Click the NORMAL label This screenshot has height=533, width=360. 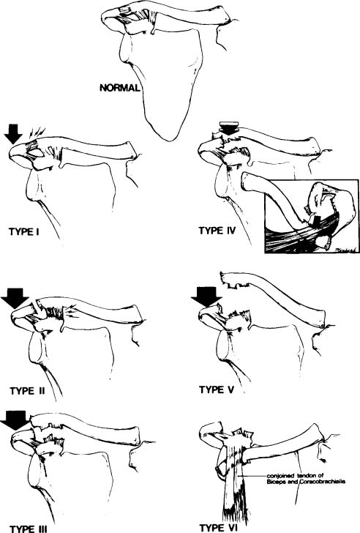[x=119, y=88]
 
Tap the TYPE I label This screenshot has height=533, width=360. [x=23, y=232]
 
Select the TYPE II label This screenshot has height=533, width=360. [x=27, y=391]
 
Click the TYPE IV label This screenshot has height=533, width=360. [x=217, y=231]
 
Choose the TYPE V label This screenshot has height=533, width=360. [x=217, y=389]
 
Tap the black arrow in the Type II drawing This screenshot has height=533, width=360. [x=15, y=299]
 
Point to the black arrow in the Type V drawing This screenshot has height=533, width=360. [x=206, y=297]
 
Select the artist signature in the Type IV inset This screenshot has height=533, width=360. [x=345, y=250]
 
